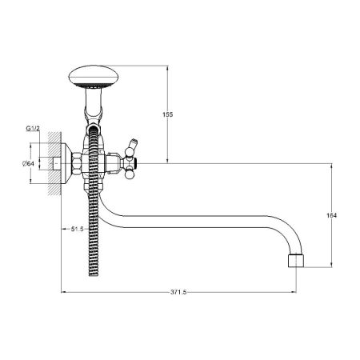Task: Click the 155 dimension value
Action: click(168, 114)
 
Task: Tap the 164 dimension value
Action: click(331, 215)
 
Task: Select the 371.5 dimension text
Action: click(178, 292)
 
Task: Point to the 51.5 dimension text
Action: click(78, 229)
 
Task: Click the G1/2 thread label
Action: click(33, 129)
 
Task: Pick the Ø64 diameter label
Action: click(28, 163)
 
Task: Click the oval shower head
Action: click(94, 76)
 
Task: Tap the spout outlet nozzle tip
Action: click(296, 261)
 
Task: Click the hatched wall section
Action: click(54, 163)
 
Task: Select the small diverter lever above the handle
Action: click(133, 144)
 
